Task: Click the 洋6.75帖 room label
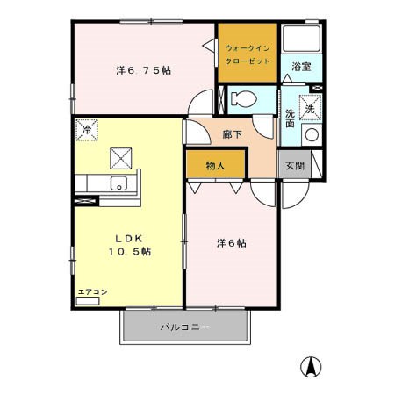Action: pyautogui.click(x=143, y=69)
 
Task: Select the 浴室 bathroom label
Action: pyautogui.click(x=301, y=67)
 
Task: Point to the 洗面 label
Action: pyautogui.click(x=291, y=119)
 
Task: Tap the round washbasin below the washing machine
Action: pyautogui.click(x=311, y=134)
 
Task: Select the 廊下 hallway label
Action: pyautogui.click(x=233, y=134)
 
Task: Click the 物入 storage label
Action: pyautogui.click(x=216, y=164)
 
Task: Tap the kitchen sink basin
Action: pyautogui.click(x=118, y=183)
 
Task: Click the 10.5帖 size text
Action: pyautogui.click(x=129, y=251)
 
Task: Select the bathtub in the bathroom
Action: pyautogui.click(x=301, y=40)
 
